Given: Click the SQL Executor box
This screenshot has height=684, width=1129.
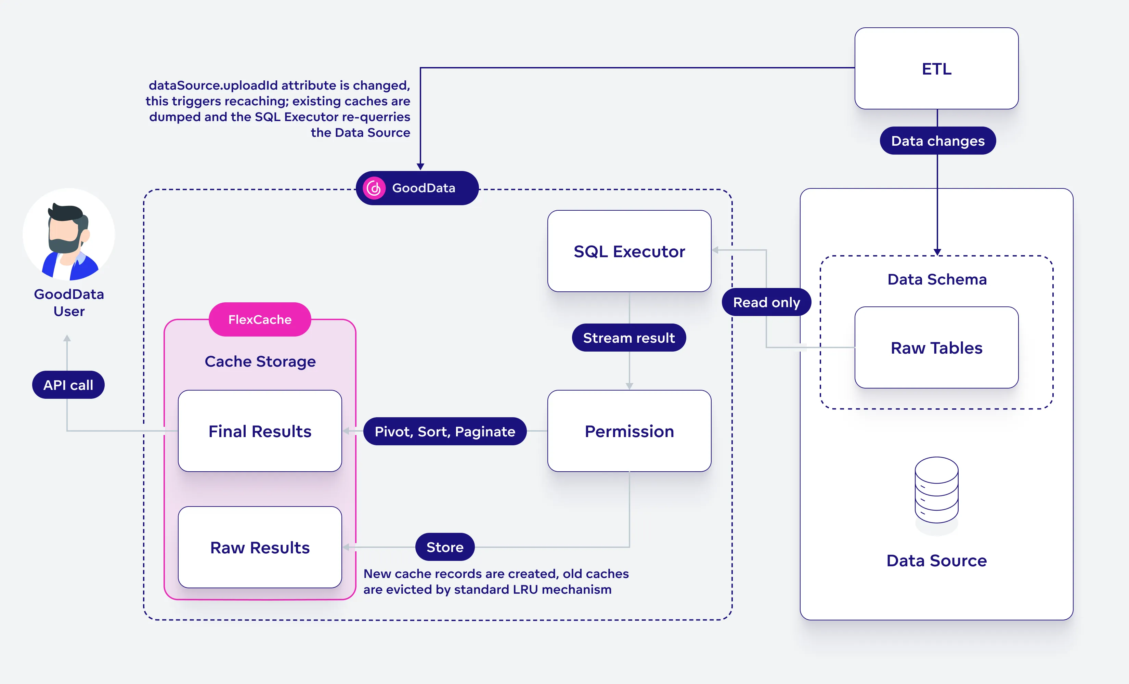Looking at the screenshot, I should pyautogui.click(x=629, y=251).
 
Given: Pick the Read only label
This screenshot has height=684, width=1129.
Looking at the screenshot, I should pyautogui.click(x=766, y=302).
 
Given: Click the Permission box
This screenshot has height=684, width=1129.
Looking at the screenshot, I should pyautogui.click(x=629, y=431).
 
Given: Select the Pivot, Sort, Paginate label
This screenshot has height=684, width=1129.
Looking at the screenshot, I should pyautogui.click(x=444, y=432).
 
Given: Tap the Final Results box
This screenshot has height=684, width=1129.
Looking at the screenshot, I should pyautogui.click(x=260, y=431).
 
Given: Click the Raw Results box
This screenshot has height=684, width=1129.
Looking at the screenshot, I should pyautogui.click(x=260, y=548).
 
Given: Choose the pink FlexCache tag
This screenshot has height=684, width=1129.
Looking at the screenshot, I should pyautogui.click(x=260, y=319).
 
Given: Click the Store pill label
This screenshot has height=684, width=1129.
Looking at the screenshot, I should pyautogui.click(x=444, y=547).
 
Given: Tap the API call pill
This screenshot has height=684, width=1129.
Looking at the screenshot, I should pyautogui.click(x=68, y=385).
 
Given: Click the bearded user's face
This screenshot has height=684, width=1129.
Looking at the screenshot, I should pyautogui.click(x=64, y=231).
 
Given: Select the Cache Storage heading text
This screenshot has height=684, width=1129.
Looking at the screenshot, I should pyautogui.click(x=260, y=361).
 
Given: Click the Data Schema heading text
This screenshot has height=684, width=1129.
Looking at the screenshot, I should pyautogui.click(x=937, y=279).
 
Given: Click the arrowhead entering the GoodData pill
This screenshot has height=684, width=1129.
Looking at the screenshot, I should pyautogui.click(x=420, y=166).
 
